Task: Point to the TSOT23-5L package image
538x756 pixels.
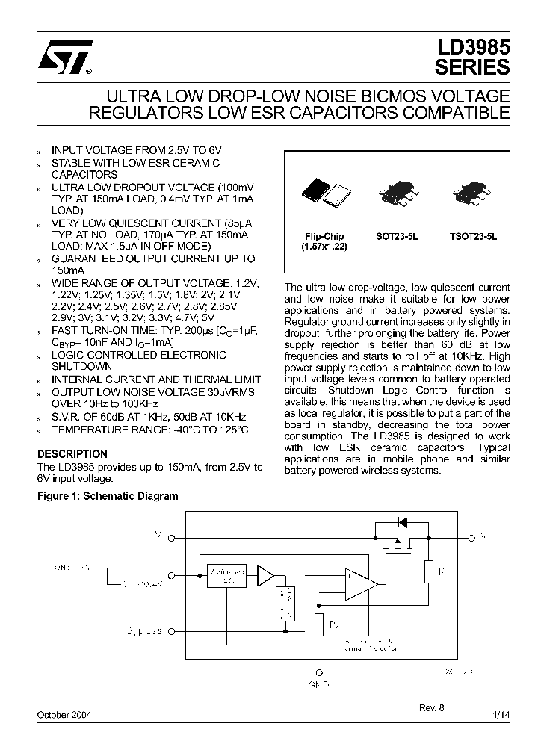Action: (x=470, y=193)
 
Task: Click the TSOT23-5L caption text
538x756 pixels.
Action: (x=469, y=236)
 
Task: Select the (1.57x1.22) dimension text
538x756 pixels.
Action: (x=324, y=246)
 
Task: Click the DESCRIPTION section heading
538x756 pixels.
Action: (x=72, y=453)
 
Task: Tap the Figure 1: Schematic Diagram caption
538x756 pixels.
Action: (x=108, y=496)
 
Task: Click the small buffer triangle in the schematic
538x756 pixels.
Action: (x=265, y=574)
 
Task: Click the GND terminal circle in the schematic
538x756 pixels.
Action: (x=319, y=672)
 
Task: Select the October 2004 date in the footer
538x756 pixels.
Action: (x=64, y=714)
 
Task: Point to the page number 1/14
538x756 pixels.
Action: (x=501, y=714)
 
